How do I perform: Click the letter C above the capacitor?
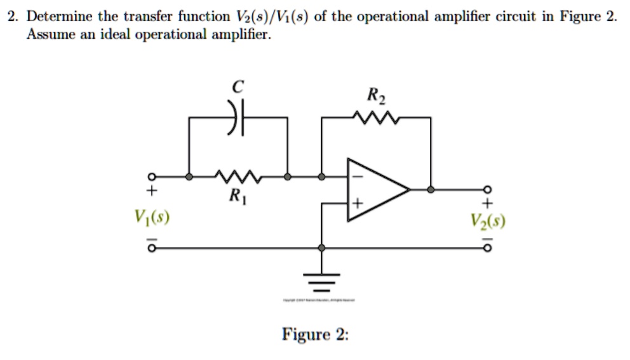coord(237,89)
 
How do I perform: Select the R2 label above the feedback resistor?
coord(375,97)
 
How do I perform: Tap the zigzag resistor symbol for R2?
coord(375,117)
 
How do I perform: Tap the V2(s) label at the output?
coord(488,222)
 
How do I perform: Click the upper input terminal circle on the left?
coord(152,177)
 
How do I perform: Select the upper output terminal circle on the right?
coord(488,189)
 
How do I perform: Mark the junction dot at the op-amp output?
coord(431,189)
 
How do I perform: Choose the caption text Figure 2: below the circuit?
coord(315,335)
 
